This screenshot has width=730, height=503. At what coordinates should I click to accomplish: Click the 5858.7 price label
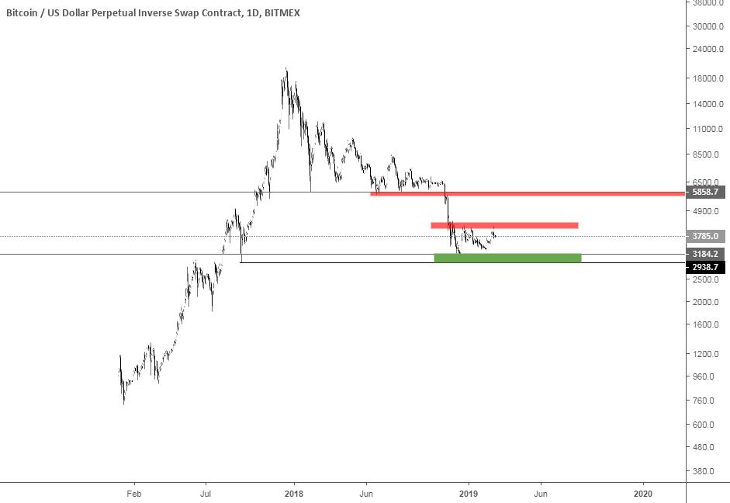(x=707, y=192)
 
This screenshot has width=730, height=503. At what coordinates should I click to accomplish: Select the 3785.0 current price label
(x=707, y=236)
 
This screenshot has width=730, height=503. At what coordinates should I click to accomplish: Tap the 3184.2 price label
(x=707, y=254)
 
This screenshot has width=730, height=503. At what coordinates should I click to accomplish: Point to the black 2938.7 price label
(x=707, y=266)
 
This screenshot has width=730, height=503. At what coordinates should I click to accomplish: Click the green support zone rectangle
(x=507, y=258)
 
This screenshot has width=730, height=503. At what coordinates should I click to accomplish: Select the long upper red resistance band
(x=528, y=193)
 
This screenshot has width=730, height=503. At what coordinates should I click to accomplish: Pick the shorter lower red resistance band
(x=504, y=225)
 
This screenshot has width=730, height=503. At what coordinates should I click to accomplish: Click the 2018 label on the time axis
(x=293, y=493)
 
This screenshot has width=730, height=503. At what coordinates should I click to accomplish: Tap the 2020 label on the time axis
(x=642, y=493)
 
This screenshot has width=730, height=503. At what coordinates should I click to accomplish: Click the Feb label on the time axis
(x=134, y=493)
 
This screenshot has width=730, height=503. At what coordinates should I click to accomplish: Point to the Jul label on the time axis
(x=206, y=493)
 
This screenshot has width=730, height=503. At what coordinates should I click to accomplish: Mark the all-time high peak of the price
(x=286, y=69)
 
